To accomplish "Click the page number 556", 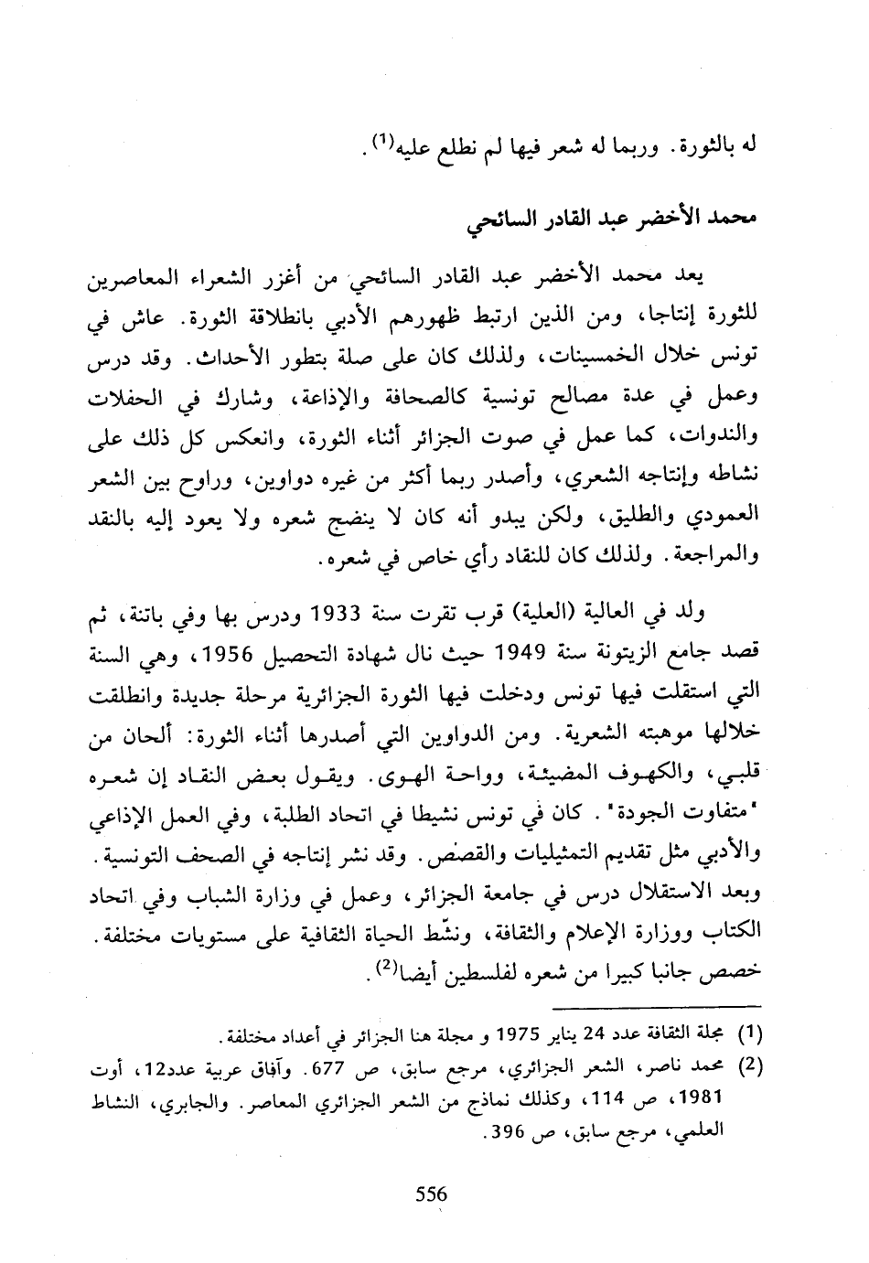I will pos(430,1194).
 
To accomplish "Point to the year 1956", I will pos(237,653).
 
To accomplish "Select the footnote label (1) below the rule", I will pos(750,1036).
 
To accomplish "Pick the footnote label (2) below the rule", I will pos(750,1067).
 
